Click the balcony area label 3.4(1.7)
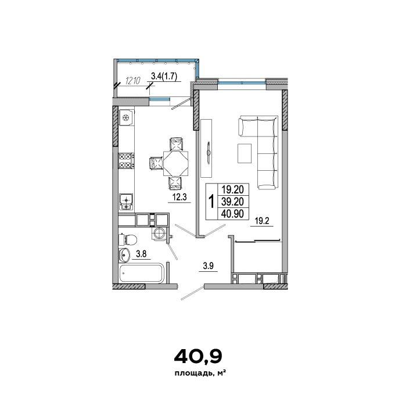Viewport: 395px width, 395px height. (x=164, y=76)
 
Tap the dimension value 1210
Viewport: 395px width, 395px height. (x=133, y=81)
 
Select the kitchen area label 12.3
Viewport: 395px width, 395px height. (x=179, y=197)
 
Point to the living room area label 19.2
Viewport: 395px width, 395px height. (x=262, y=221)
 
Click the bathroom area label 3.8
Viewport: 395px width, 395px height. (x=141, y=254)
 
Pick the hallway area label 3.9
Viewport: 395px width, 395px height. (x=209, y=266)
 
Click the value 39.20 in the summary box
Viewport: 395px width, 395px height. (x=232, y=202)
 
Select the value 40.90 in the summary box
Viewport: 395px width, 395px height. (x=232, y=214)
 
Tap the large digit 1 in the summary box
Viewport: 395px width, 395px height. (x=211, y=202)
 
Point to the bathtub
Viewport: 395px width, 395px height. (x=142, y=273)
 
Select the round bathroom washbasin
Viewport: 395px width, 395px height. (x=124, y=254)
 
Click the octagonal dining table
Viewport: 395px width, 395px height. (x=176, y=163)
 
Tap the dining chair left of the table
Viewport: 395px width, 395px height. (x=156, y=163)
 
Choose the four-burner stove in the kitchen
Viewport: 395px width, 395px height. (x=126, y=161)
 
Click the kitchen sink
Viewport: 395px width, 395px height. (x=126, y=202)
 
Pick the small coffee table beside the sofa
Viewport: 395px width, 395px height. (x=245, y=153)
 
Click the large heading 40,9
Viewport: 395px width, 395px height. (x=198, y=357)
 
